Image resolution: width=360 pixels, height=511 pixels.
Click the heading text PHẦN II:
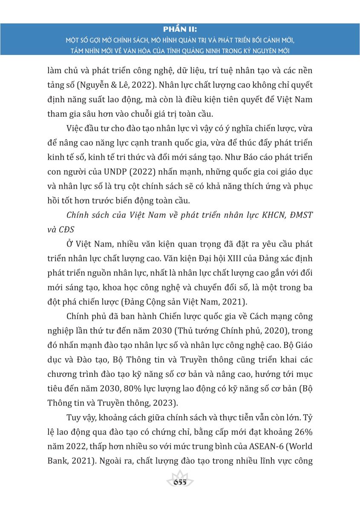pos(180,29)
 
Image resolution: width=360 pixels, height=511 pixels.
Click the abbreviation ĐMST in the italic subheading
pos(297,215)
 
